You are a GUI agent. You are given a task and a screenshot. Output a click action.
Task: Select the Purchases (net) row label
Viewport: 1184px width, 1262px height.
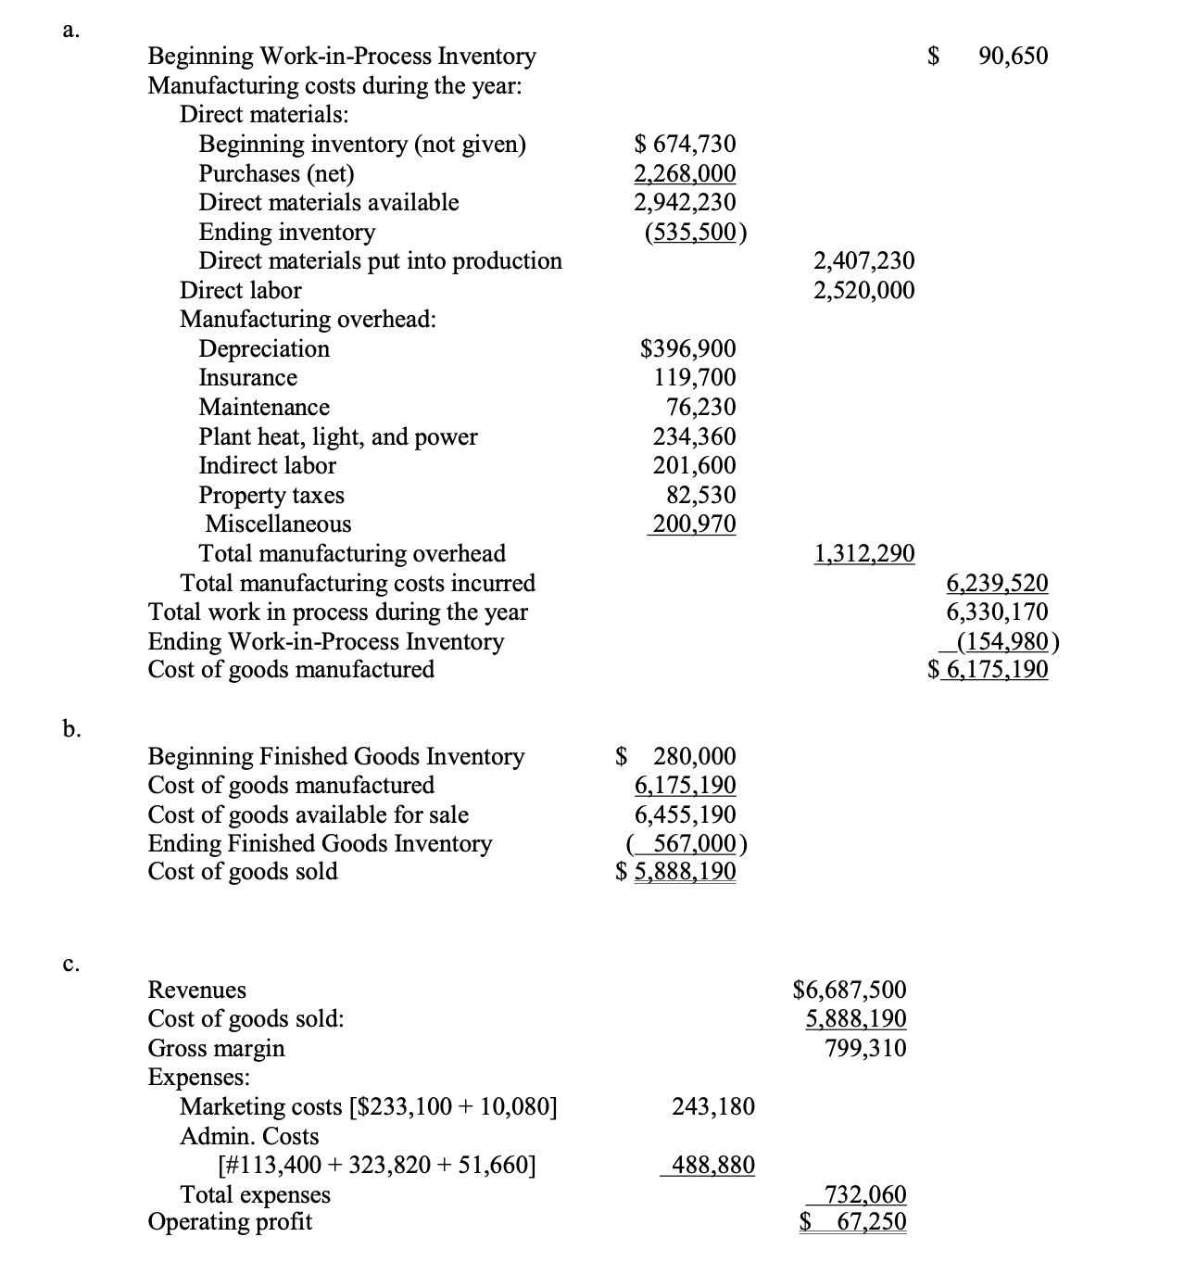(276, 173)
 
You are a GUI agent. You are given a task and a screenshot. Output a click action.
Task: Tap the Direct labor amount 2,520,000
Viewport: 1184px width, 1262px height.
(863, 290)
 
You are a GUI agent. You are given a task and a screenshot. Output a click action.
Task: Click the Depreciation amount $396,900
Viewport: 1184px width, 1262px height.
(688, 349)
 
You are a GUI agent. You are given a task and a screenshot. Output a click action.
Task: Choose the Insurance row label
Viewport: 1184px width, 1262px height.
(247, 378)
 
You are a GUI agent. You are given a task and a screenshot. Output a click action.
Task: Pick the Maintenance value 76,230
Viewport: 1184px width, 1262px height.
(701, 407)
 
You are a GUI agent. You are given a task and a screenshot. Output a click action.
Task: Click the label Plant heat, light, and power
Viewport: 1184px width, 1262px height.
(338, 436)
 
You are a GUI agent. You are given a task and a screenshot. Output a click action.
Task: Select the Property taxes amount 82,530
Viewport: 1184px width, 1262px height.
(701, 495)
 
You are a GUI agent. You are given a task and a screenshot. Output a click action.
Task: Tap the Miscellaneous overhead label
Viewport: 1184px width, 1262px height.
(278, 524)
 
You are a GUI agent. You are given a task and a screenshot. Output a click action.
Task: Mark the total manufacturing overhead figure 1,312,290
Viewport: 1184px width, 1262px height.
(863, 554)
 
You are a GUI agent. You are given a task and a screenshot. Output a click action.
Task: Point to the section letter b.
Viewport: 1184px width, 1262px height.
(71, 729)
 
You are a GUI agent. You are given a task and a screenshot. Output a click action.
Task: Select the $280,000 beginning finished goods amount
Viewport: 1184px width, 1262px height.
(677, 756)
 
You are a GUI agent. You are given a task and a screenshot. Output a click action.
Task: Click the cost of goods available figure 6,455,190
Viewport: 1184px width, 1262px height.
(686, 814)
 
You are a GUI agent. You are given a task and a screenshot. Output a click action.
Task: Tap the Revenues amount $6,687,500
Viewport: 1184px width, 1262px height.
(850, 990)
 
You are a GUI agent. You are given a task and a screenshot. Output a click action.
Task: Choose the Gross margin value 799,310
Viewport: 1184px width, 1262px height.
(866, 1048)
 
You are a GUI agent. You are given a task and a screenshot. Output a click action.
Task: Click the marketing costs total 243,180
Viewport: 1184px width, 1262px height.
(712, 1106)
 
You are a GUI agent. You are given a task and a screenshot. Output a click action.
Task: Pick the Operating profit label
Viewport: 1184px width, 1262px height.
(230, 1221)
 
